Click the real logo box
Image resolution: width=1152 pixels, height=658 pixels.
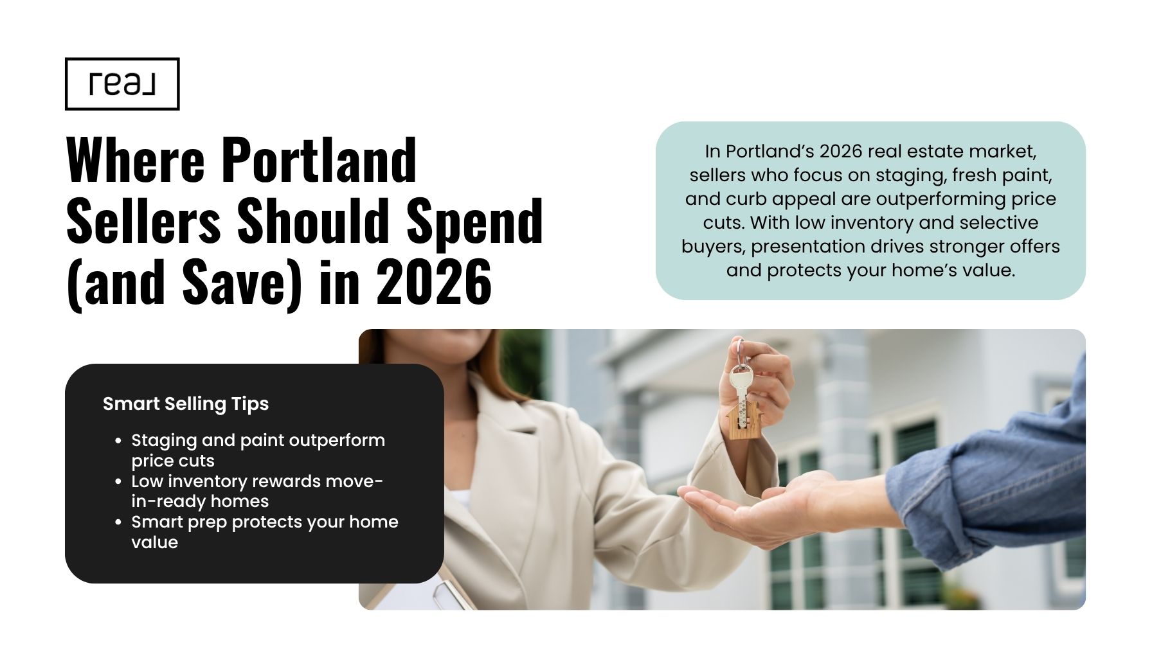(122, 84)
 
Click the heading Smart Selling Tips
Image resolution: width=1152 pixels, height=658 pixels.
(186, 404)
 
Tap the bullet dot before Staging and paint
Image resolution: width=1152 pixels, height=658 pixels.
(118, 441)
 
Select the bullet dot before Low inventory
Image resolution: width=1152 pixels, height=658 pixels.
(118, 482)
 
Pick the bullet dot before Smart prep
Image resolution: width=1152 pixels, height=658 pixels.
(118, 522)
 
